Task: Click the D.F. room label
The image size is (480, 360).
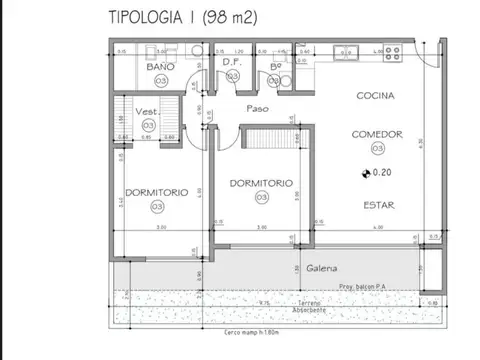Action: (232, 63)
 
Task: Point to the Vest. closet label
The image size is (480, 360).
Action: (148, 112)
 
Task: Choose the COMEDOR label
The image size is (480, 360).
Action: (376, 132)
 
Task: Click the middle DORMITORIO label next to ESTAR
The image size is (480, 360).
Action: (260, 183)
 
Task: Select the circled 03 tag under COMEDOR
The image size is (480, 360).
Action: (376, 147)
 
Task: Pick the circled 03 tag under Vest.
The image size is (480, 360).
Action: (148, 125)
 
